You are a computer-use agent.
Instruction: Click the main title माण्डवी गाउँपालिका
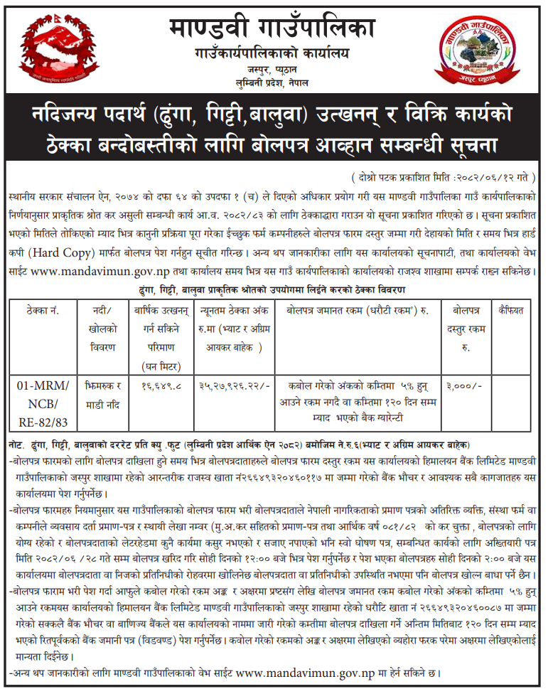tap(273, 28)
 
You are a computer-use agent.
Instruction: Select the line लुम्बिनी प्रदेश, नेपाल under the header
tap(273, 85)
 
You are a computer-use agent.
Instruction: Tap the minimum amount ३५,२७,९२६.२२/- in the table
tap(230, 385)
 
